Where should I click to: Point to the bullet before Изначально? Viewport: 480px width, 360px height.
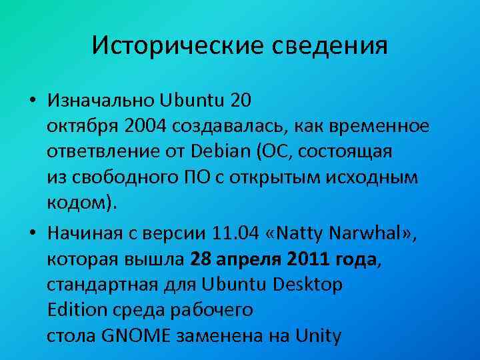(x=32, y=101)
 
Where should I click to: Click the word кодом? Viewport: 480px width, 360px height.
(x=75, y=203)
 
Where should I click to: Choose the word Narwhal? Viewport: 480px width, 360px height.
(x=373, y=234)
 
